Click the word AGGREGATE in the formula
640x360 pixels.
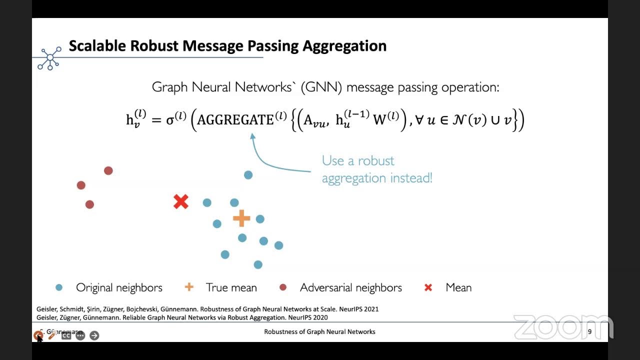point(235,120)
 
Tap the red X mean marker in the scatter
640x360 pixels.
point(181,202)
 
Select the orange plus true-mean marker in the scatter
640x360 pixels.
point(241,218)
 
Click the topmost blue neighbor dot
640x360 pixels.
point(248,174)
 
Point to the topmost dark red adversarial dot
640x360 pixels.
point(108,170)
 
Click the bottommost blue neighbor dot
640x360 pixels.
point(258,264)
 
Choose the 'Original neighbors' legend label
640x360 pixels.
point(119,287)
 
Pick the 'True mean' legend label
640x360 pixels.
point(231,287)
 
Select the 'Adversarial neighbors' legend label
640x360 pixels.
point(350,287)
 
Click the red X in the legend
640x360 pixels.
point(428,287)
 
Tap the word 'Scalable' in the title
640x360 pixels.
point(97,46)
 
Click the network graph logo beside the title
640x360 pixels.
point(50,58)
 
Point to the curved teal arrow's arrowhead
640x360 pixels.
point(252,135)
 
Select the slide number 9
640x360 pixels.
point(589,331)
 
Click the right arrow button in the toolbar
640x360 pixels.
point(94,335)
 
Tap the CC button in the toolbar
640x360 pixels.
point(66,335)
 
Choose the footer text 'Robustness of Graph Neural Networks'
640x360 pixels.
point(319,331)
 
